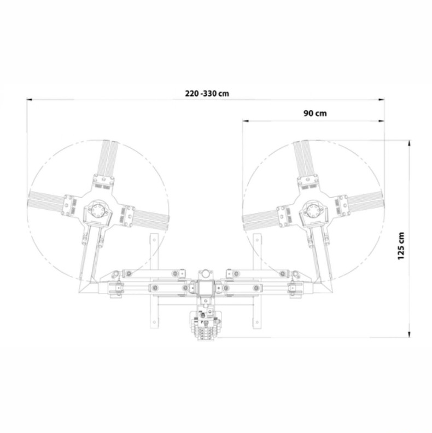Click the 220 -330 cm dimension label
[x=207, y=94]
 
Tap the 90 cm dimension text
[x=315, y=113]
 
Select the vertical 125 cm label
[x=401, y=246]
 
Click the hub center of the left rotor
[x=97, y=211]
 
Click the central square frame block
[x=205, y=288]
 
